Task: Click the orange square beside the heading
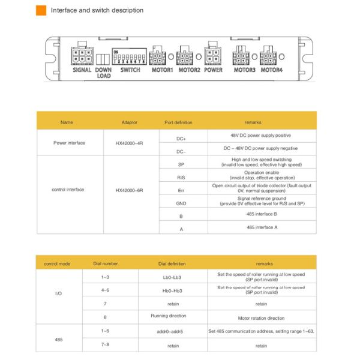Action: (x=41, y=10)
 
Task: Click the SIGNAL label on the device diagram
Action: (x=82, y=70)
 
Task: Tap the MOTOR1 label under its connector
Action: (x=161, y=70)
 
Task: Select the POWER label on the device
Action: (x=213, y=70)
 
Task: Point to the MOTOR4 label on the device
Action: (x=271, y=70)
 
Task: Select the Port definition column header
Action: (x=178, y=122)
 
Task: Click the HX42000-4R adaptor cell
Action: (x=129, y=143)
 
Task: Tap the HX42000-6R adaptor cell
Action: (x=129, y=190)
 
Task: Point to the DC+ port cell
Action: (x=181, y=138)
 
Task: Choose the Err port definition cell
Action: (x=181, y=189)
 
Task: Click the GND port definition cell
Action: (x=181, y=203)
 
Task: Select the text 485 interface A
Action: (x=262, y=227)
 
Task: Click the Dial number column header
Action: (x=106, y=263)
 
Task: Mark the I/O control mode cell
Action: (x=58, y=294)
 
